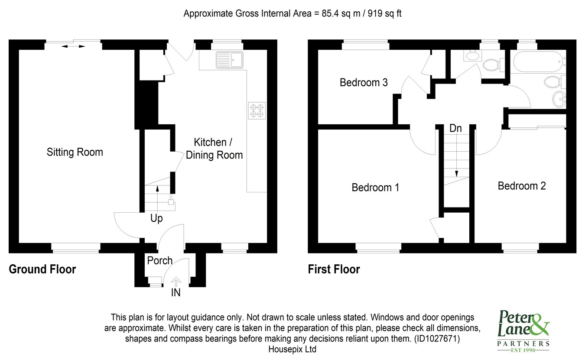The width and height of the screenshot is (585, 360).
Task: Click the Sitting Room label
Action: [75, 152]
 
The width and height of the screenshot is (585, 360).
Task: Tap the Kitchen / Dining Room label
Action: [214, 149]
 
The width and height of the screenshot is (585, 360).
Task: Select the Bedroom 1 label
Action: [375, 188]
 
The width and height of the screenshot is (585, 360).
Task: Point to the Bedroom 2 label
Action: [521, 186]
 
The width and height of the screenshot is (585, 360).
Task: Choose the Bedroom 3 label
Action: [363, 82]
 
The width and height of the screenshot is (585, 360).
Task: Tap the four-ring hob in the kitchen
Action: [257, 110]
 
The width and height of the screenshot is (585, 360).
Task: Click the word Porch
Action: [159, 260]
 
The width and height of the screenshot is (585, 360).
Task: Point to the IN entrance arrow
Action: [175, 282]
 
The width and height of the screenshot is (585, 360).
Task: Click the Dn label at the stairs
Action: [455, 128]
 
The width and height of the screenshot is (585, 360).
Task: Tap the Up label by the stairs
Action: [156, 219]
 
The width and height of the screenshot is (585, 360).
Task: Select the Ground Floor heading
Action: [42, 269]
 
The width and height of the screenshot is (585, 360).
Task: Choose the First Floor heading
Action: [334, 269]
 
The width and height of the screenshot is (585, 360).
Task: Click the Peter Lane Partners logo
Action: [524, 330]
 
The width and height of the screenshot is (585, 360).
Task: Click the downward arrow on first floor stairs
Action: [456, 173]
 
